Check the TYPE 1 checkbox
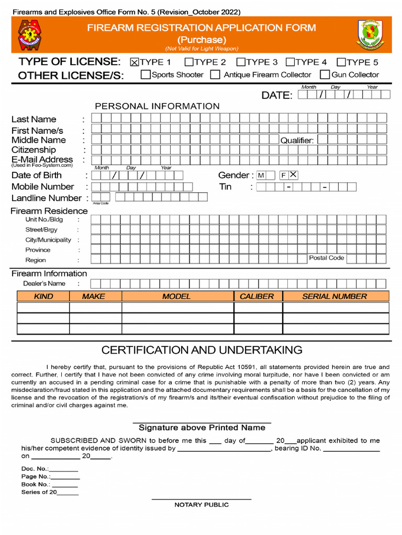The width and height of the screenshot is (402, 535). tap(135, 62)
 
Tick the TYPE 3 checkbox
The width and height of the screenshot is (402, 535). tap(241, 62)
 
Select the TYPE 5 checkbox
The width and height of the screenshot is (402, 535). tap(342, 62)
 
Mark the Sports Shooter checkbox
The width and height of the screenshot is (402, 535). tap(146, 75)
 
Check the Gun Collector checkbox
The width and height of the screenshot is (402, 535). tap(325, 75)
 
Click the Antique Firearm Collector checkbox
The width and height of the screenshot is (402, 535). tap(215, 75)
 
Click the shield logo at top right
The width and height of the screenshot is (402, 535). tap(370, 34)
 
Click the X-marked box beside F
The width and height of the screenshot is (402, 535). tap(293, 175)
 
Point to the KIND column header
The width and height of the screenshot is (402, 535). tap(43, 296)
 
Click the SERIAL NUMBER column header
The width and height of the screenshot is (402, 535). tap(335, 296)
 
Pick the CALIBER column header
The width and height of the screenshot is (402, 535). tap(257, 296)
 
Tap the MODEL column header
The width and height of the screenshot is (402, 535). tap(177, 296)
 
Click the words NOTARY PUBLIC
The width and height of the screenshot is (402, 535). tap(202, 505)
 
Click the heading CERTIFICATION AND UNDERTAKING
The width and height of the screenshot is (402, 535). tap(202, 350)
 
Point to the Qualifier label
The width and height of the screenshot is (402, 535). tap(297, 141)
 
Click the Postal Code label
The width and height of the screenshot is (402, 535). tap(327, 258)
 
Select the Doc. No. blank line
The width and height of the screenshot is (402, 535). tap(64, 469)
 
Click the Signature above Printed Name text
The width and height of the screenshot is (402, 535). tap(202, 428)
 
